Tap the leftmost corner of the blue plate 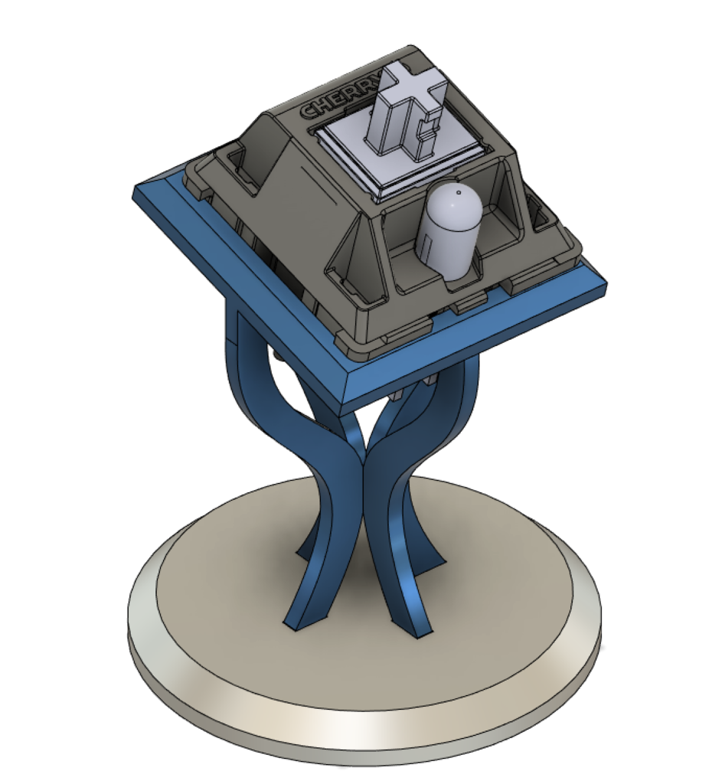click(x=136, y=194)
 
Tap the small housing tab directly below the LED click(x=469, y=307)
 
